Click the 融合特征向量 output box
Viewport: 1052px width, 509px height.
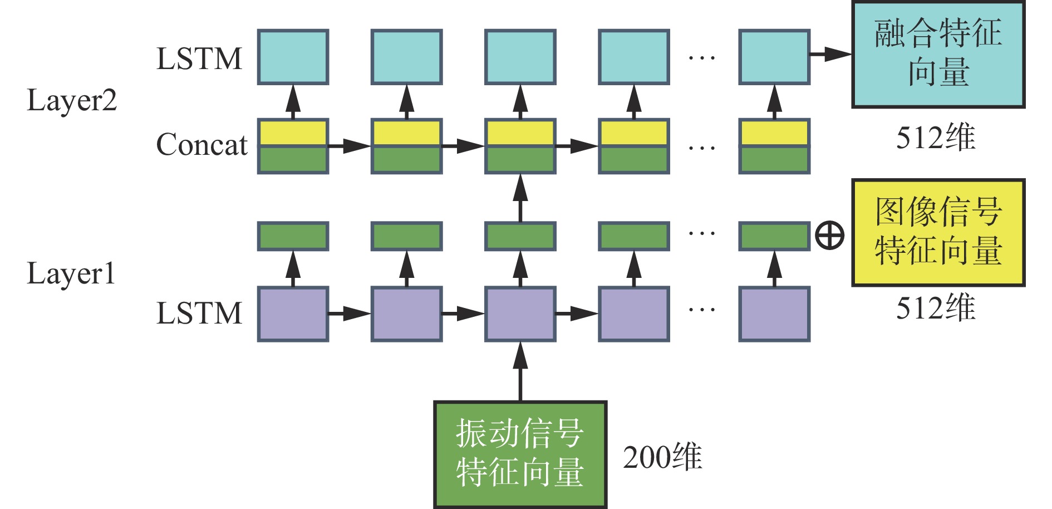(938, 55)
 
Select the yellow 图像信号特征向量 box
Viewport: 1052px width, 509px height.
(938, 232)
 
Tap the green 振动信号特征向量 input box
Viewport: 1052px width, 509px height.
(520, 454)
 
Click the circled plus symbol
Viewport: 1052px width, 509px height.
(829, 236)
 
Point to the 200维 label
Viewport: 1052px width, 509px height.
(662, 457)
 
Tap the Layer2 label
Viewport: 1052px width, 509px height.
(72, 101)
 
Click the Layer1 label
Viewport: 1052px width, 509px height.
(71, 274)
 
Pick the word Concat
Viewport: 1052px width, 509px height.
(201, 145)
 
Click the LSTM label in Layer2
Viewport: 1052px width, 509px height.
(199, 59)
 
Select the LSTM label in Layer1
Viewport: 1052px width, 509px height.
(199, 313)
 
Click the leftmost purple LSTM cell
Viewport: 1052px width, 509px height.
(293, 314)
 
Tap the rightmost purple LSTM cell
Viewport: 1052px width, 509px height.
(774, 314)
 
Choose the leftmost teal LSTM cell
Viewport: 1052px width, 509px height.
(293, 57)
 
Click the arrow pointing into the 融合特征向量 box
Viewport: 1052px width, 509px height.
(830, 55)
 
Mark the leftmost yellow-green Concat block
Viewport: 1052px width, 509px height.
(293, 146)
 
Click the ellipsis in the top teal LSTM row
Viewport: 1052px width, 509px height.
(701, 57)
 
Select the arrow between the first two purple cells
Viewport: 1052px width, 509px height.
(350, 314)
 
